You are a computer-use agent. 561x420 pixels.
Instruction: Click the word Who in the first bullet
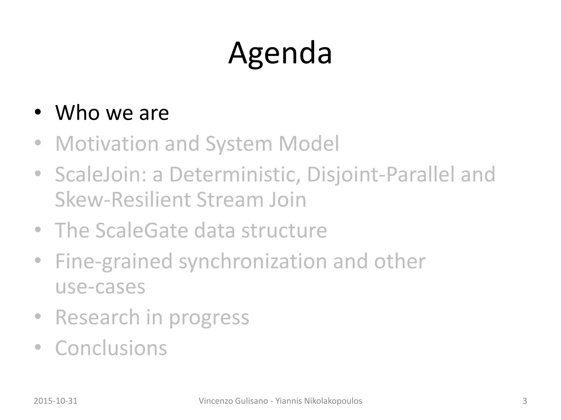pyautogui.click(x=77, y=112)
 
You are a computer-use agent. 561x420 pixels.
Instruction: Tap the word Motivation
pyautogui.click(x=107, y=143)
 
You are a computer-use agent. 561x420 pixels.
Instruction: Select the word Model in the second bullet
pyautogui.click(x=309, y=143)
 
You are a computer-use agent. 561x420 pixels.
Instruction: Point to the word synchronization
pyautogui.click(x=253, y=261)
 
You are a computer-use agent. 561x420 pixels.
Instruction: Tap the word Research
pyautogui.click(x=98, y=317)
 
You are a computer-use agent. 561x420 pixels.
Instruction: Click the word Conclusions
pyautogui.click(x=111, y=348)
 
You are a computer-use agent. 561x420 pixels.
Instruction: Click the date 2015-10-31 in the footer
pyautogui.click(x=56, y=401)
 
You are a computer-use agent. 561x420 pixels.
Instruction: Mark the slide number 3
pyautogui.click(x=525, y=401)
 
